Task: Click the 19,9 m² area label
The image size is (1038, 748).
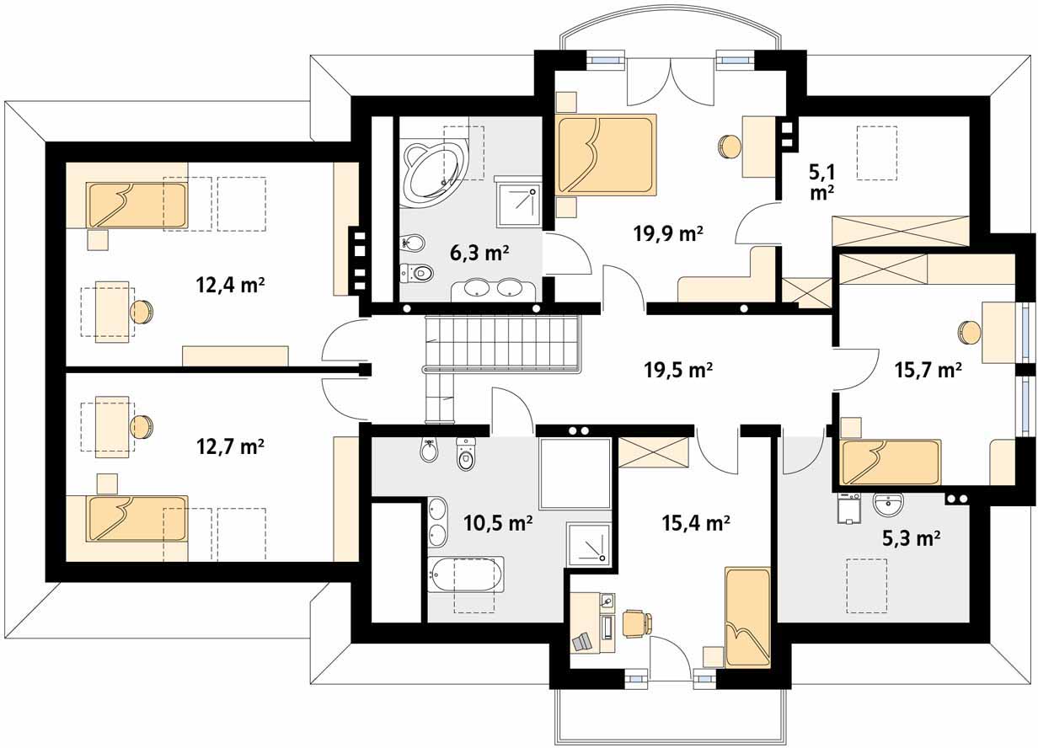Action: click(668, 233)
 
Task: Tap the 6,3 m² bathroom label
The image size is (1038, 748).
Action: click(479, 254)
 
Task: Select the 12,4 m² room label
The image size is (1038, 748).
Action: click(230, 285)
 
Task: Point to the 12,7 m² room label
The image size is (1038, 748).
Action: click(230, 447)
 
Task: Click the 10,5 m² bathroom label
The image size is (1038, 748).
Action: click(498, 523)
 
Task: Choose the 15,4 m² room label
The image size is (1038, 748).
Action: click(696, 523)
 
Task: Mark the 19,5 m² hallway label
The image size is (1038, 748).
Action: click(678, 370)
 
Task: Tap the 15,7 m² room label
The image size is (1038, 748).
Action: click(928, 370)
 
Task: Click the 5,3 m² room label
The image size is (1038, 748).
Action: click(911, 538)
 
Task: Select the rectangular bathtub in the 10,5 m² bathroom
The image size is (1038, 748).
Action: click(466, 574)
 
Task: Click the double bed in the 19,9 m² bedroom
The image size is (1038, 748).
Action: click(607, 155)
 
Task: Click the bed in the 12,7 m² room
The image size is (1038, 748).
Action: click(138, 518)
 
